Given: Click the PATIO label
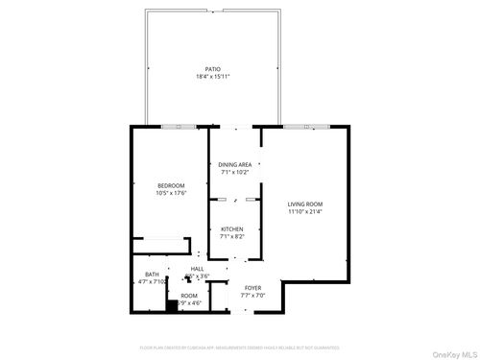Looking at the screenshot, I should pyautogui.click(x=212, y=68).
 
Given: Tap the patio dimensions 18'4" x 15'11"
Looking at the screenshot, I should pyautogui.click(x=212, y=76).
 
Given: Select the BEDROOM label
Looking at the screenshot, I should pyautogui.click(x=172, y=185).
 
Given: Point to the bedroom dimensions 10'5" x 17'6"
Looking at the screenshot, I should pyautogui.click(x=172, y=193).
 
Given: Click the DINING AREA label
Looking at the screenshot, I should pyautogui.click(x=235, y=165).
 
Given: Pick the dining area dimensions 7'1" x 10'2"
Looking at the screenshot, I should pyautogui.click(x=235, y=173).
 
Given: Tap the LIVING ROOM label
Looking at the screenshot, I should pyautogui.click(x=305, y=204).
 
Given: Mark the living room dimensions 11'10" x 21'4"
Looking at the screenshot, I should pyautogui.click(x=305, y=212).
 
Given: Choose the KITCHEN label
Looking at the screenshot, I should pyautogui.click(x=232, y=228).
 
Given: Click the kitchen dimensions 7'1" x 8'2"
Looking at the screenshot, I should pyautogui.click(x=232, y=236).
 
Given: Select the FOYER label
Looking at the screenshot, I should pyautogui.click(x=253, y=287).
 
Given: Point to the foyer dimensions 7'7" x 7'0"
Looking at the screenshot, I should pyautogui.click(x=253, y=295).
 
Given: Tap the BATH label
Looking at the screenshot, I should pyautogui.click(x=140, y=276).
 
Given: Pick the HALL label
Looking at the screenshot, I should pyautogui.click(x=198, y=269).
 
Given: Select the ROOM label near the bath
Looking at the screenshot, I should pyautogui.click(x=189, y=295).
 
